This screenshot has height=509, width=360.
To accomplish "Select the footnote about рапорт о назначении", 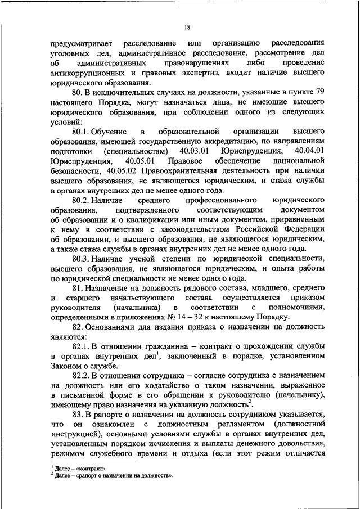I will coord(113,475).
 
